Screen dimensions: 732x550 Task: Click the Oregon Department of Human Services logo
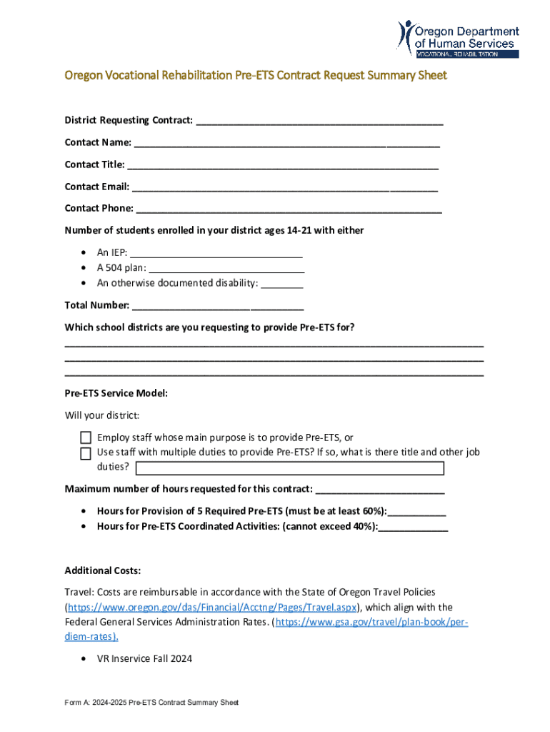pyautogui.click(x=458, y=39)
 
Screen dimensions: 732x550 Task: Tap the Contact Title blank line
pyautogui.click(x=283, y=166)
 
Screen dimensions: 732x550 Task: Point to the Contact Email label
pyautogui.click(x=97, y=187)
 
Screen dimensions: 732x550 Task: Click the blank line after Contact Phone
pyautogui.click(x=289, y=209)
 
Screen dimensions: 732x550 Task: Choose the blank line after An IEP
pyautogui.click(x=217, y=253)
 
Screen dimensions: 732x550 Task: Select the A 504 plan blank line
pyautogui.click(x=227, y=269)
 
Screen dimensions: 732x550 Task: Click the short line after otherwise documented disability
pyautogui.click(x=282, y=284)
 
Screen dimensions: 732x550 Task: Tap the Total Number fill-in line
pyautogui.click(x=218, y=307)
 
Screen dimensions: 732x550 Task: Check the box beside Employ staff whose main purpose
pyautogui.click(x=86, y=437)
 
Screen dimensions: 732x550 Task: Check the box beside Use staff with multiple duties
pyautogui.click(x=86, y=453)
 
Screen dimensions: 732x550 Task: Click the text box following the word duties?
pyautogui.click(x=289, y=468)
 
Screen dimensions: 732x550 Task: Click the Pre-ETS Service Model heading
pyautogui.click(x=116, y=394)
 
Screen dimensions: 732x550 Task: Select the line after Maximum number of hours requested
pyautogui.click(x=380, y=490)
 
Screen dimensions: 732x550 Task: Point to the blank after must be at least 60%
pyautogui.click(x=417, y=513)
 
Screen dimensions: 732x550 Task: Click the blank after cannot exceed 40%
pyautogui.click(x=414, y=528)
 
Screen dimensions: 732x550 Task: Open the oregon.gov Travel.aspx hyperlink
pyautogui.click(x=211, y=608)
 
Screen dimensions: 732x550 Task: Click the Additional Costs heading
pyautogui.click(x=103, y=570)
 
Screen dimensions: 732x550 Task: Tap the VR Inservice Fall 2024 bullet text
pyautogui.click(x=144, y=658)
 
